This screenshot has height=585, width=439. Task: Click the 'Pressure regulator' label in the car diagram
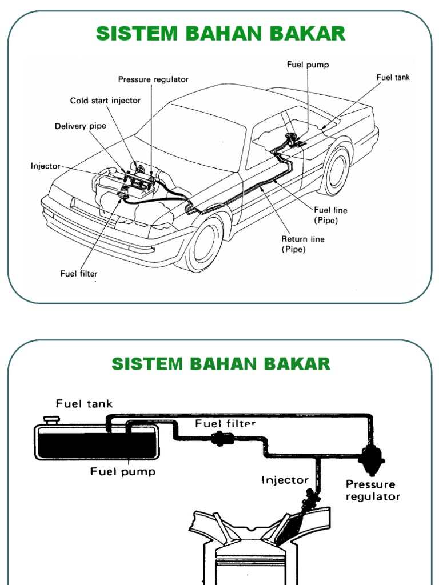(x=153, y=79)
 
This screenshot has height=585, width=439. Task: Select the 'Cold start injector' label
(x=105, y=101)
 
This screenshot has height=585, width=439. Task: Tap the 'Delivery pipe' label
(x=81, y=126)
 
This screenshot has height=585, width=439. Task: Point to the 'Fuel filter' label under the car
(x=79, y=274)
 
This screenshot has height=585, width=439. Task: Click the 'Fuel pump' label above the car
(x=308, y=65)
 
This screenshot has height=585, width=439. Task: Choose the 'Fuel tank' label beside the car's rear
(x=393, y=77)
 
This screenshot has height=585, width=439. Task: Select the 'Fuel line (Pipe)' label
(x=330, y=215)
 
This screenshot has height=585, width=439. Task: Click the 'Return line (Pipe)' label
(x=302, y=244)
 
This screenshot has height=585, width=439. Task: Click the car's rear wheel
(x=334, y=170)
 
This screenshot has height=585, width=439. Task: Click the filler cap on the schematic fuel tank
(x=52, y=421)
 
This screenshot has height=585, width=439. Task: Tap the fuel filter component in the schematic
(x=219, y=438)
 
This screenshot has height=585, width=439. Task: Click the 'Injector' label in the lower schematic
(x=285, y=480)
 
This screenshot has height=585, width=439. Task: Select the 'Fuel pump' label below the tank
(x=123, y=472)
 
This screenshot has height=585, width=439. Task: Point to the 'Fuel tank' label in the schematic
(x=84, y=404)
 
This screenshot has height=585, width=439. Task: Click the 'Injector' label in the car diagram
(x=45, y=166)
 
